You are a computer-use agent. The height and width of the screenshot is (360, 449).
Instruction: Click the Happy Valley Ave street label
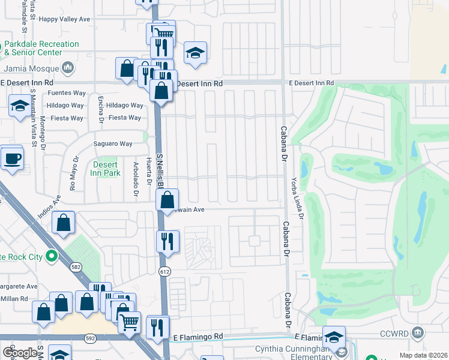[64, 19]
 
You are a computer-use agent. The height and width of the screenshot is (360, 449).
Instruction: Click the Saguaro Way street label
[112, 143]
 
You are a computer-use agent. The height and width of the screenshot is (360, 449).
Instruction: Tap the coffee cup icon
[12, 159]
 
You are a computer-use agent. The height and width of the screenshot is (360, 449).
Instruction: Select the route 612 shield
[165, 272]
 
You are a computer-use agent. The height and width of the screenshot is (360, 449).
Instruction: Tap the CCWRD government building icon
[418, 332]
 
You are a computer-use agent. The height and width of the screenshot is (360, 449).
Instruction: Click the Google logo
[20, 353]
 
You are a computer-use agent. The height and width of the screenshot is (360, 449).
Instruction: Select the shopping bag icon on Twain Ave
[169, 200]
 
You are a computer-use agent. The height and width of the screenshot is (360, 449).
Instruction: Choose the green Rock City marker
[52, 257]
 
